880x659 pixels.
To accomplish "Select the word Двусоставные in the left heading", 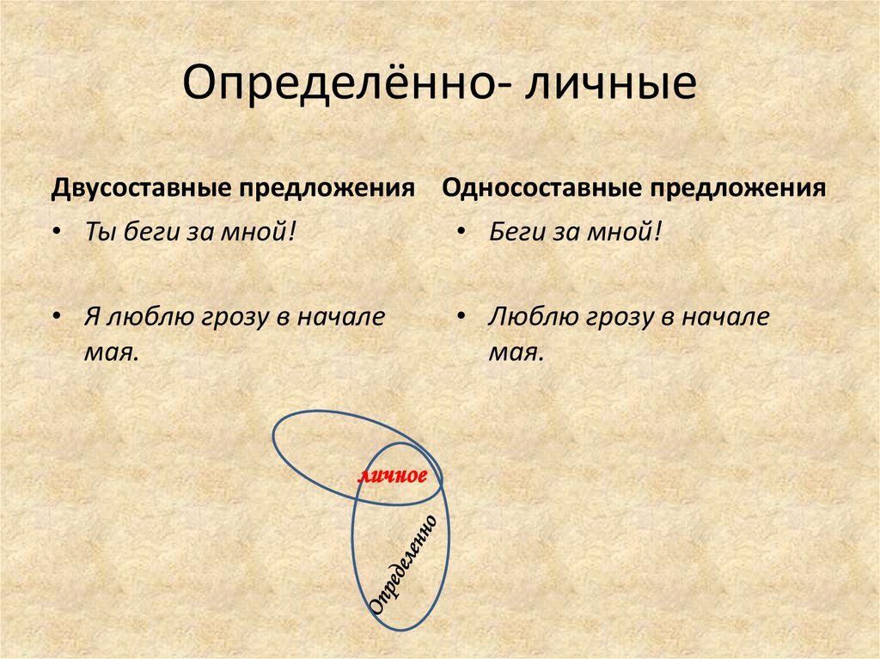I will pos(147,188).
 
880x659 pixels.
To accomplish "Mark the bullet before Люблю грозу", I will pos(462,317).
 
